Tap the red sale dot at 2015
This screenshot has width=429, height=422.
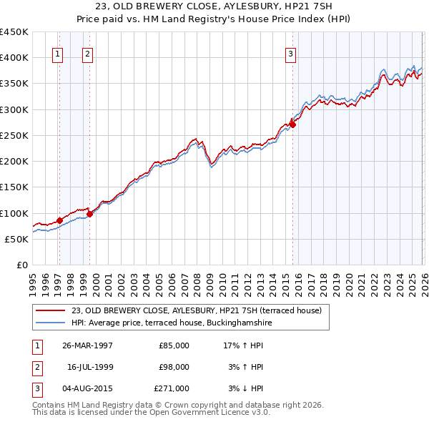click(292, 124)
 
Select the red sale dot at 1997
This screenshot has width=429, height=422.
click(59, 221)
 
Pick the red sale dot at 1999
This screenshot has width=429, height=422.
click(89, 214)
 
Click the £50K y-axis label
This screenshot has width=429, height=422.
click(17, 239)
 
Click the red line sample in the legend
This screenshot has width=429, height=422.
click(51, 310)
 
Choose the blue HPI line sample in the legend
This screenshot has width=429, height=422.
click(51, 323)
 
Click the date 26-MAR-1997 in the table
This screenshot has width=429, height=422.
click(87, 345)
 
